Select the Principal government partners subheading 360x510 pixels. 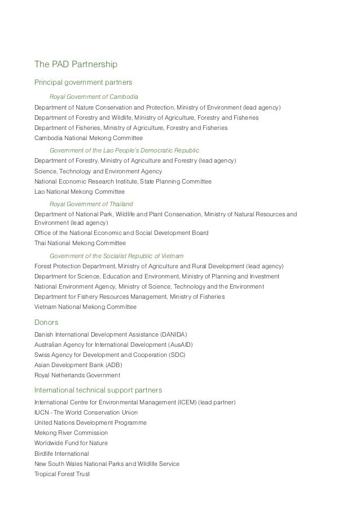point(83,82)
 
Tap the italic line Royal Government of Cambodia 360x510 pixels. point(94,97)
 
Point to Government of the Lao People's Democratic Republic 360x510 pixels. point(124,151)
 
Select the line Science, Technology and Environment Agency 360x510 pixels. point(98,171)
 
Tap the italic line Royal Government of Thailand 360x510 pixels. point(91,204)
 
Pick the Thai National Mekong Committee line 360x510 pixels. point(80,243)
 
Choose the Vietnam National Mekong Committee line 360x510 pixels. point(85,307)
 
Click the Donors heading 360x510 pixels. point(46,322)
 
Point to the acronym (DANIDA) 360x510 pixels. point(170,334)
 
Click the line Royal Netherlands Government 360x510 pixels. point(77,376)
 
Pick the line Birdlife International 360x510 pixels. point(62,454)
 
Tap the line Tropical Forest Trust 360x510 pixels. point(62,474)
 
